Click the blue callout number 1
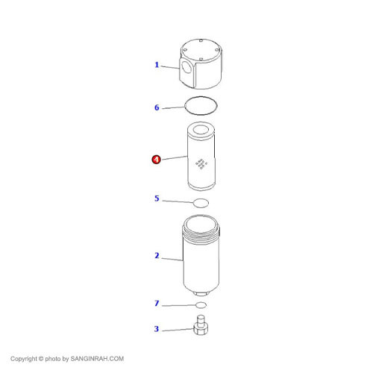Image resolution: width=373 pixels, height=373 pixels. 157,65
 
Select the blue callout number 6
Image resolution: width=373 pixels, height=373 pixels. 157,107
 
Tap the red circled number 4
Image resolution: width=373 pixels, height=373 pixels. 156,160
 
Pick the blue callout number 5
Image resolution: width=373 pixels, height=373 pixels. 157,198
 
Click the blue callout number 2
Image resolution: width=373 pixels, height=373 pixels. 157,256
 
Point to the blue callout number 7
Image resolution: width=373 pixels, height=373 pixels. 157,304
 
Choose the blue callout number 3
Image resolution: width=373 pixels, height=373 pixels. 157,329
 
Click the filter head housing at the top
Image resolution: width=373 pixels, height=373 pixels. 201,64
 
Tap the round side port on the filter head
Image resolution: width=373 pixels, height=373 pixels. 186,68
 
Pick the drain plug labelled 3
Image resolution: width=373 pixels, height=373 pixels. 201,325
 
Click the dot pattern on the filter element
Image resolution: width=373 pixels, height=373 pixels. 201,163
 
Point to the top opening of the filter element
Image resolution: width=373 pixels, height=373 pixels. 201,130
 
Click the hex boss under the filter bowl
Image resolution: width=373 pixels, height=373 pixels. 201,294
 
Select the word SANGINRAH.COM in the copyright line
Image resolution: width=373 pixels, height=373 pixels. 97,359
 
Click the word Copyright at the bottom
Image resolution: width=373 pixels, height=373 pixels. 24,359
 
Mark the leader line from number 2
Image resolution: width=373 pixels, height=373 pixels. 172,260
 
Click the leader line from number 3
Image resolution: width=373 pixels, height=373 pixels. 178,330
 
